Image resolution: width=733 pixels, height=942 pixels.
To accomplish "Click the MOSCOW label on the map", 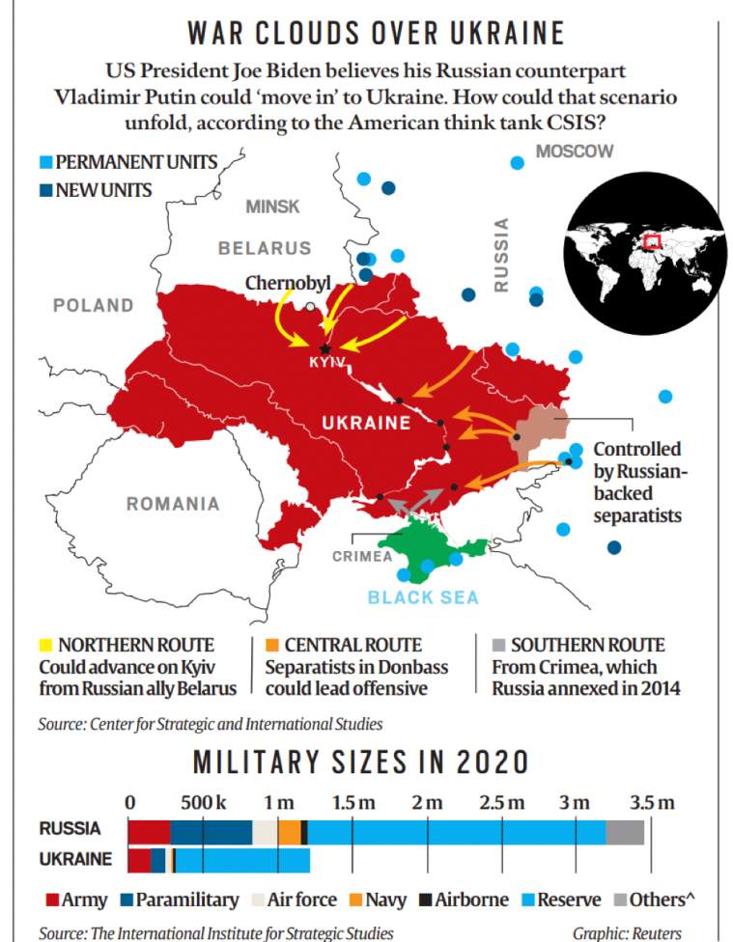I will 575,152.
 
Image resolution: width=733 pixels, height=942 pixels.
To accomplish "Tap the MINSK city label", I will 272,207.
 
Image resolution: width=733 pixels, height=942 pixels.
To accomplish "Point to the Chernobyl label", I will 288,284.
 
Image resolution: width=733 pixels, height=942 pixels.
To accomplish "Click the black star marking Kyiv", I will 325,348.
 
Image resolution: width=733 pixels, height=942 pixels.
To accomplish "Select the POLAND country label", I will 93,306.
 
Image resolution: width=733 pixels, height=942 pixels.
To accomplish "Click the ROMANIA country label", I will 173,504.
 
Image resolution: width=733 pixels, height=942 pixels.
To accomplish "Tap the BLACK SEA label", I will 423,597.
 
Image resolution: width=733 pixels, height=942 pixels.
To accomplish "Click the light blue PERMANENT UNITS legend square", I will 46,161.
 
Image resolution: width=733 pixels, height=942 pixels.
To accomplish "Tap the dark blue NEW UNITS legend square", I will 46,190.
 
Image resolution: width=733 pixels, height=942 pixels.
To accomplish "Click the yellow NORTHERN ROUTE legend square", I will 45,645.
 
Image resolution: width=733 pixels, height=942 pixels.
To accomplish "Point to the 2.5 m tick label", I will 502,803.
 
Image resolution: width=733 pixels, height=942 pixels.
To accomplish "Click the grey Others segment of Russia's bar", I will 625,832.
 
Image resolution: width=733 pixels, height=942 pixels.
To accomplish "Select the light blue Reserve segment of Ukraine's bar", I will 242,859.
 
